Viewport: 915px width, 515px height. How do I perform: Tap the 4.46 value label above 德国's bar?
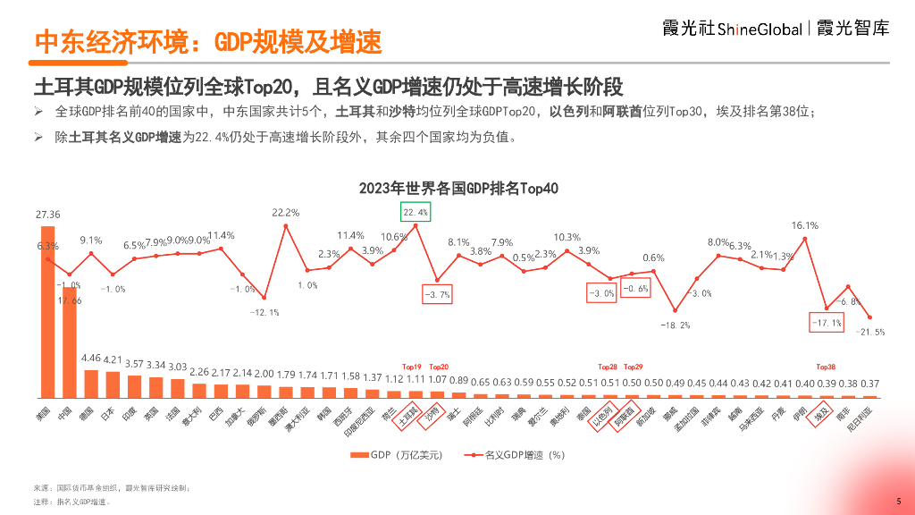91,358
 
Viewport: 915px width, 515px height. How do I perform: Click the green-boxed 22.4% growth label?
416,212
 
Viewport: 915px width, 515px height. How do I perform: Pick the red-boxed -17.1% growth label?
826,323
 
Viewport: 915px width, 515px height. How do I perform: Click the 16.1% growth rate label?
804,225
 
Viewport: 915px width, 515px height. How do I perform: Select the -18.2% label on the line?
675,325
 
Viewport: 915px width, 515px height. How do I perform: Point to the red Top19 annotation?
411,367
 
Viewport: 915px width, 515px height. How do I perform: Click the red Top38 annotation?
826,367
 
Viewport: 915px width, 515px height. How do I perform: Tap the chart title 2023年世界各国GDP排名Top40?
458,189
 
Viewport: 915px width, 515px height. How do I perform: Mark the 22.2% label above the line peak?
286,213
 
